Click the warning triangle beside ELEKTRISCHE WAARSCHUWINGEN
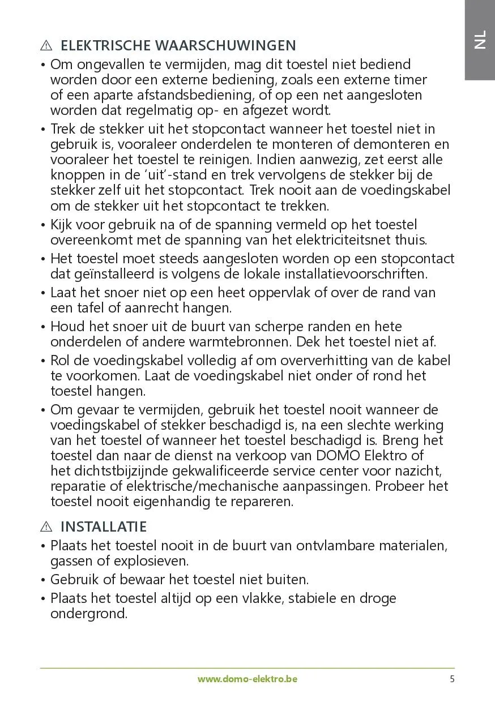tap(46, 46)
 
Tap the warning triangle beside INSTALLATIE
tap(46, 527)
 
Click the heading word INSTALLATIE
tap(103, 527)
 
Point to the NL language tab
tap(480, 40)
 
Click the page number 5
tap(452, 679)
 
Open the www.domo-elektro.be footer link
tap(247, 679)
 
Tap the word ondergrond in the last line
tap(88, 614)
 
